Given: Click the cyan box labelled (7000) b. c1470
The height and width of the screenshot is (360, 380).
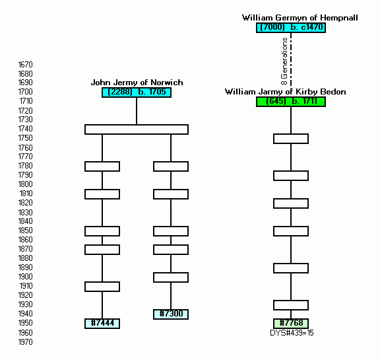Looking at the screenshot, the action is [x=291, y=28].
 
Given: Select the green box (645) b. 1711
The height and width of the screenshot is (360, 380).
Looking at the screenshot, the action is [x=291, y=102].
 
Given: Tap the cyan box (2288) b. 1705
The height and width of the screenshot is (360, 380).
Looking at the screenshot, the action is [x=137, y=92].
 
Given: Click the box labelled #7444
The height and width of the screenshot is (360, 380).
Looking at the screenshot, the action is [x=102, y=324].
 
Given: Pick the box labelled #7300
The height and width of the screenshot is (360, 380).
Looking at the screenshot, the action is [x=171, y=314].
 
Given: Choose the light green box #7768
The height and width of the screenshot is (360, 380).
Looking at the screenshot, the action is [x=291, y=324].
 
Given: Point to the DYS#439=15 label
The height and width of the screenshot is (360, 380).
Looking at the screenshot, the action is [x=292, y=333].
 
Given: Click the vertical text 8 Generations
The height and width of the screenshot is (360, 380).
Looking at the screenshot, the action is [x=284, y=61].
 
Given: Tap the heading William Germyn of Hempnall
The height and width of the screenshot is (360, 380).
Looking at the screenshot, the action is [x=300, y=18].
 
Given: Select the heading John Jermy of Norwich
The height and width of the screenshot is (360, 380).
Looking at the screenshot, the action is [x=137, y=83].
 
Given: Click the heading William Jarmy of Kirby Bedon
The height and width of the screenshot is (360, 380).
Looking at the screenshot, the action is [x=285, y=92].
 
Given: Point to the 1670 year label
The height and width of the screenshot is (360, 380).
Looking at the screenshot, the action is [x=26, y=65].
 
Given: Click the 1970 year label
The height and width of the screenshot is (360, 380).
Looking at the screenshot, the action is [x=26, y=342].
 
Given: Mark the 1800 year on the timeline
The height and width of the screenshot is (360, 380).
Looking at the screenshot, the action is [x=26, y=184].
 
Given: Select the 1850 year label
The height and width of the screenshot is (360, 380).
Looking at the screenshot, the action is [x=26, y=231].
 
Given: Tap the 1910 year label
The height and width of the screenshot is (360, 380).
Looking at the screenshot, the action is [x=26, y=286].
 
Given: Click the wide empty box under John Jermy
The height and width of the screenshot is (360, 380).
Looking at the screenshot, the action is [x=137, y=129].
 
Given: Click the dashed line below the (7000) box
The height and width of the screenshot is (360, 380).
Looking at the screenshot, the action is [x=291, y=59].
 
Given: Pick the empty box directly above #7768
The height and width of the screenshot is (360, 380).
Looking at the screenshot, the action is [x=291, y=305].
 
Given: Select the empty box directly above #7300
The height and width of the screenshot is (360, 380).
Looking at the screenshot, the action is [x=171, y=277].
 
